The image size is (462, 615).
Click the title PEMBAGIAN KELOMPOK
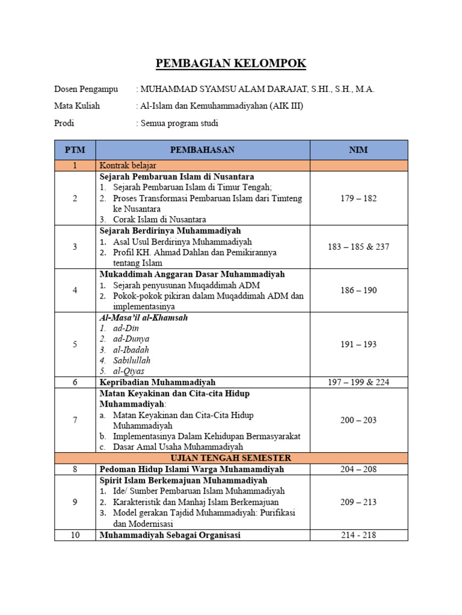click(x=231, y=64)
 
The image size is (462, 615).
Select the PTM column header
click(x=75, y=150)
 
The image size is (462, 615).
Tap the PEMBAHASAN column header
click(x=202, y=150)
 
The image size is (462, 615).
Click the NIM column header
click(x=359, y=150)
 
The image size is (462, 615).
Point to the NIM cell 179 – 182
click(x=359, y=198)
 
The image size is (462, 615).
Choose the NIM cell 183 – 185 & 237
click(x=359, y=247)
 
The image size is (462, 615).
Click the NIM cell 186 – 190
click(x=359, y=290)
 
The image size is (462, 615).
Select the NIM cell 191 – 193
click(x=359, y=344)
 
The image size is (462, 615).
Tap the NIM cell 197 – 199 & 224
click(x=359, y=382)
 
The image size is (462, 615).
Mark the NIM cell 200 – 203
click(x=359, y=420)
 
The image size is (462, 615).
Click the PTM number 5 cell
click(x=75, y=344)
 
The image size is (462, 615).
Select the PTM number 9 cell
click(x=75, y=502)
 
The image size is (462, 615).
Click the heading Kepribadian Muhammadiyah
click(x=157, y=382)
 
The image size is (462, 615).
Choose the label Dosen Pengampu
click(x=86, y=89)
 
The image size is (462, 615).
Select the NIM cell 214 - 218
click(x=359, y=535)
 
